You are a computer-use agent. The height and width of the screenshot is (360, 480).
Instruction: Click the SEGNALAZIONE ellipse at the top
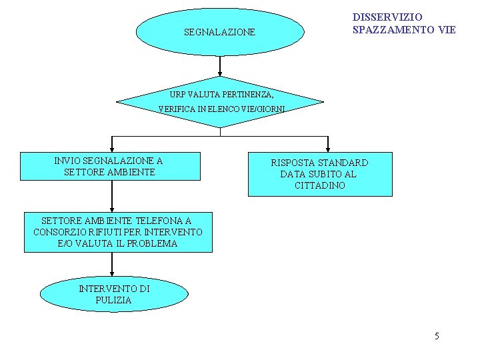pyautogui.click(x=219, y=31)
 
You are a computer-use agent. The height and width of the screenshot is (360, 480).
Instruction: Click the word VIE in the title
pyautogui.click(x=447, y=30)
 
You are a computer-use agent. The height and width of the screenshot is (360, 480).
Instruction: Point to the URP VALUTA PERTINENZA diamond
pyautogui.click(x=219, y=102)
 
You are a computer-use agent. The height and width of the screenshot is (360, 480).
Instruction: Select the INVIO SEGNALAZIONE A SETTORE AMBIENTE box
pyautogui.click(x=110, y=166)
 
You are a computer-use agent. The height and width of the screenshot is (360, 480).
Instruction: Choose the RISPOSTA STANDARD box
pyautogui.click(x=320, y=174)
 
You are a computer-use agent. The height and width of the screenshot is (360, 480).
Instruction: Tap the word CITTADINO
pyautogui.click(x=320, y=185)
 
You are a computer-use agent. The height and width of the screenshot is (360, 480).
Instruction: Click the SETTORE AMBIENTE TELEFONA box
pyautogui.click(x=118, y=232)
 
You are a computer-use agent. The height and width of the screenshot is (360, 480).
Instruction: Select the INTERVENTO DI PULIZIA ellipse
pyautogui.click(x=114, y=295)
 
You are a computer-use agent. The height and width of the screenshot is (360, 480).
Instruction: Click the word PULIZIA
pyautogui.click(x=114, y=300)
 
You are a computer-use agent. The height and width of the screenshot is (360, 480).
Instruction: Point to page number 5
pyautogui.click(x=437, y=336)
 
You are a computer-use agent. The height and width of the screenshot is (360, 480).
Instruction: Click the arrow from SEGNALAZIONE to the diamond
pyautogui.click(x=220, y=67)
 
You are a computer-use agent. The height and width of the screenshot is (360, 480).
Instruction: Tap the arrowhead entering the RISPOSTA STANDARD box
pyautogui.click(x=327, y=149)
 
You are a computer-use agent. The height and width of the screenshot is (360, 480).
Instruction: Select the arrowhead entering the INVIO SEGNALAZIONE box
pyautogui.click(x=112, y=149)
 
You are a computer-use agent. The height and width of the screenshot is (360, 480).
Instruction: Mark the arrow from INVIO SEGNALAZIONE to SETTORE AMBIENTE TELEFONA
pyautogui.click(x=112, y=197)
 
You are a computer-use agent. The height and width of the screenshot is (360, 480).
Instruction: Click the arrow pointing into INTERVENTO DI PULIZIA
pyautogui.click(x=112, y=265)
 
